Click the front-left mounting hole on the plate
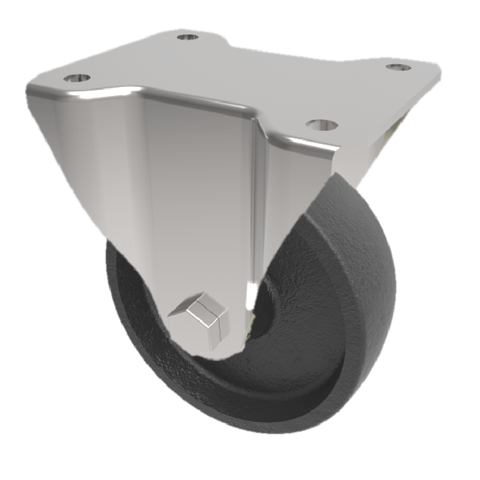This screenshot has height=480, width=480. pyautogui.click(x=77, y=78)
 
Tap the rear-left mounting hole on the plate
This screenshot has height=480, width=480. pyautogui.click(x=188, y=38)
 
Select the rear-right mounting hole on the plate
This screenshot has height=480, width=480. pyautogui.click(x=398, y=67)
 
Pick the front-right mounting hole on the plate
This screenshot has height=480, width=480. pyautogui.click(x=322, y=125)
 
